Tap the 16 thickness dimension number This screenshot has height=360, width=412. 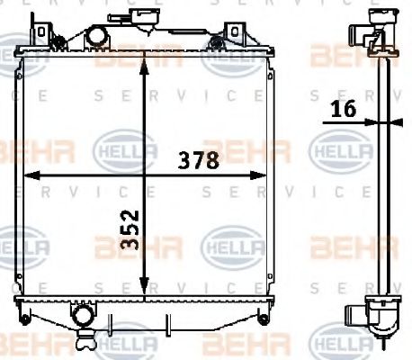[x=344, y=109]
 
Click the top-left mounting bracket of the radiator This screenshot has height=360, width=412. [x=39, y=31]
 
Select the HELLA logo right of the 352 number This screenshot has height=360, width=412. [x=232, y=242]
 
